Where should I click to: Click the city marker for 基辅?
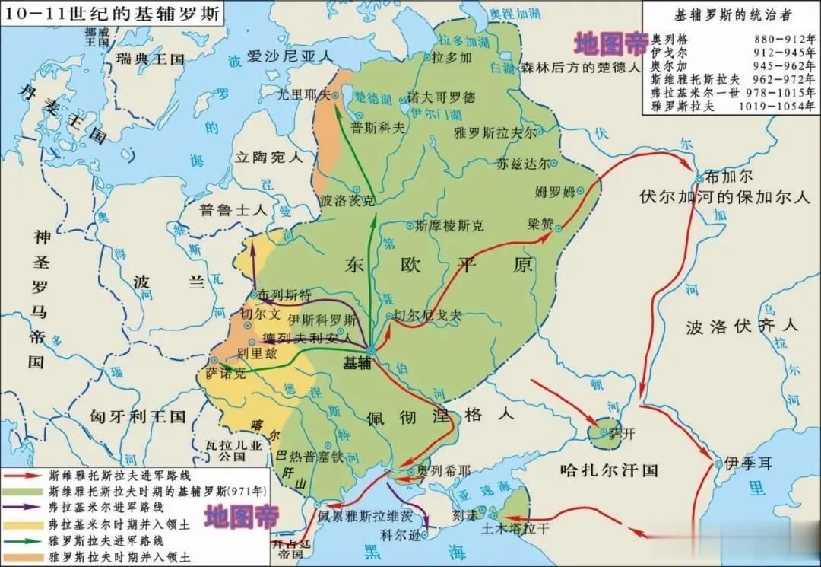(x=370, y=350)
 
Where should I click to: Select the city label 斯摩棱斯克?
(x=449, y=226)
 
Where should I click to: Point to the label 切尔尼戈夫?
(x=430, y=315)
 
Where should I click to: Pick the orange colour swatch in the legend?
(x=24, y=556)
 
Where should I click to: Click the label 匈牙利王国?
(x=138, y=416)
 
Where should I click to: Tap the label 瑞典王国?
(x=151, y=59)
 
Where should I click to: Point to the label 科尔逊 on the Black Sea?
(x=401, y=534)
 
